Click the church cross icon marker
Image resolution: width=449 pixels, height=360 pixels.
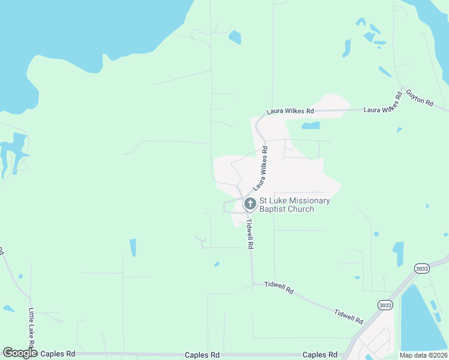point(250,205)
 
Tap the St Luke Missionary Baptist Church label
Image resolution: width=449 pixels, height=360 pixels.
point(294,205)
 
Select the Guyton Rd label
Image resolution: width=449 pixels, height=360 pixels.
point(419,97)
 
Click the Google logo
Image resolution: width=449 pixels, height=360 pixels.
point(20,353)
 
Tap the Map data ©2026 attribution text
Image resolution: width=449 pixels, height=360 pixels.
point(424,355)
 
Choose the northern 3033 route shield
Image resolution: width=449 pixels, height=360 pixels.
point(422,269)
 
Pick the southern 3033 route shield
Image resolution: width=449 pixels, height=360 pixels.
point(385,305)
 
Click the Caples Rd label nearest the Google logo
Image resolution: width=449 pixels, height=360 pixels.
point(58,355)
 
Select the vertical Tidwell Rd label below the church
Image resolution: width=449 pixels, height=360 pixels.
point(249,233)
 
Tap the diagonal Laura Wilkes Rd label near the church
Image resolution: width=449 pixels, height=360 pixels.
point(260,170)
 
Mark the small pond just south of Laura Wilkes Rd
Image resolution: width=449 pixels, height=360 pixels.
point(310,126)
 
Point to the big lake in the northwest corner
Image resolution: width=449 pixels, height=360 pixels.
point(78,36)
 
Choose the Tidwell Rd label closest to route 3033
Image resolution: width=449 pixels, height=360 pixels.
point(349,316)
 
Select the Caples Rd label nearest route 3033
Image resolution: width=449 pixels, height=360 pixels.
point(320,355)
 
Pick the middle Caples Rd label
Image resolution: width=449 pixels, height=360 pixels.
point(202,355)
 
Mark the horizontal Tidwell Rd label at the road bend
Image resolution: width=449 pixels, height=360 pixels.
point(279,288)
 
